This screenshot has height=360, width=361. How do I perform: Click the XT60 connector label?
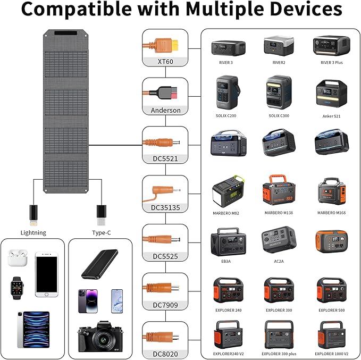click(165, 62)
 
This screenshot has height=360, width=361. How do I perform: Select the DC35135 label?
click(165, 207)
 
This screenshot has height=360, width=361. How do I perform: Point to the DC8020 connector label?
click(165, 354)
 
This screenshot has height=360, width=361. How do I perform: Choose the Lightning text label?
click(33, 232)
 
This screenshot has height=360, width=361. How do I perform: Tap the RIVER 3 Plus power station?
click(331, 46)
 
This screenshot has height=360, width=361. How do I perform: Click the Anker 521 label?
click(331, 116)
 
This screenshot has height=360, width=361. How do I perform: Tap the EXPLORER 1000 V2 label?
click(331, 353)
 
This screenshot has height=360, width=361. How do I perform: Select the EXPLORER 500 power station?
click(331, 290)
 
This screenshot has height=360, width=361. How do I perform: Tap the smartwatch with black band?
click(17, 288)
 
